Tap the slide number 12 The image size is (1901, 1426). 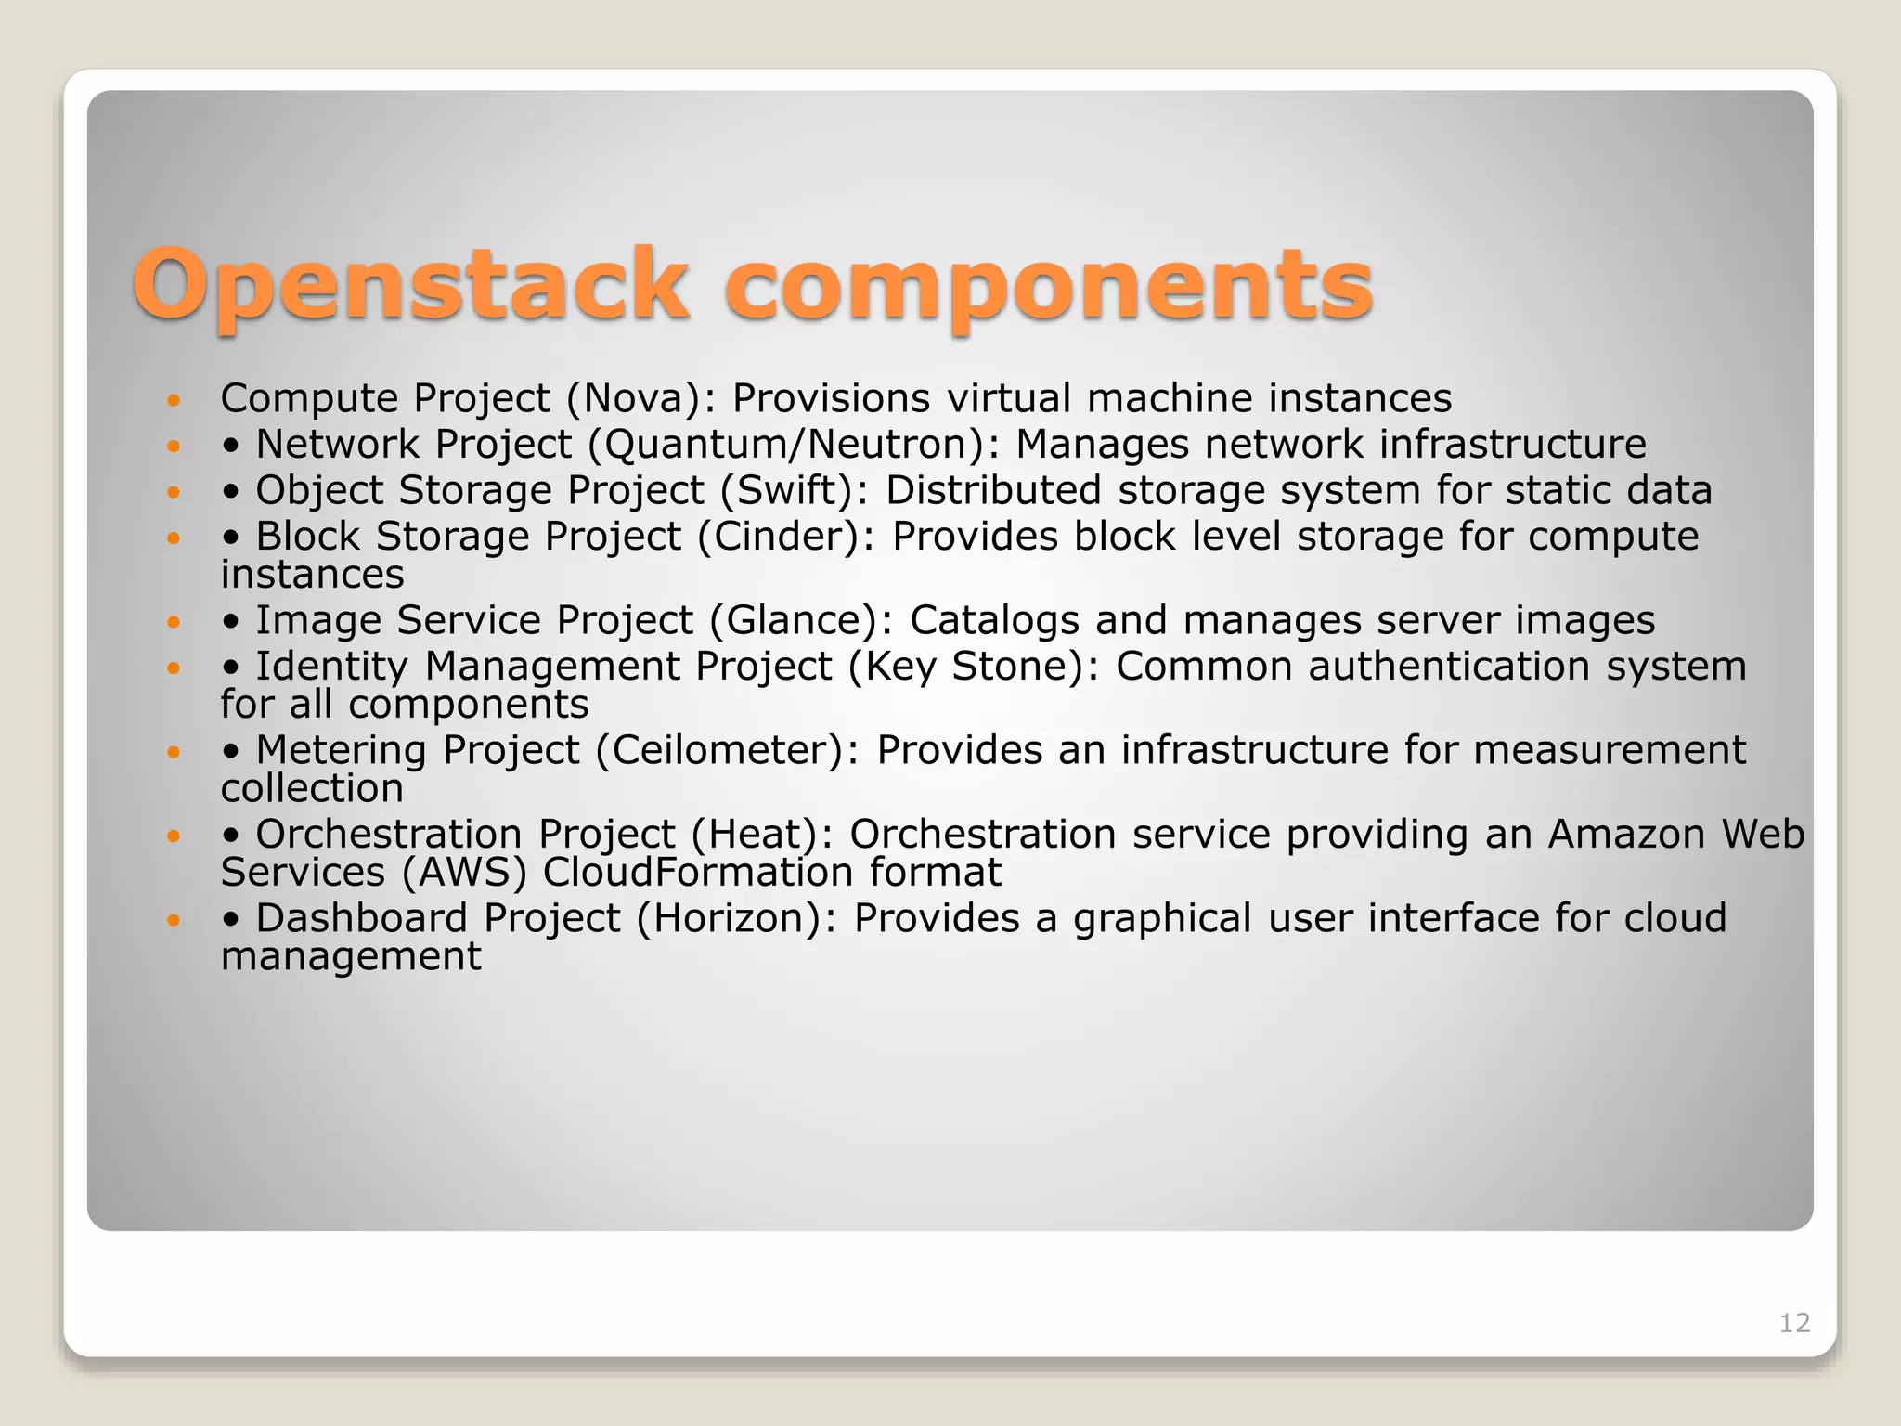click(1794, 1323)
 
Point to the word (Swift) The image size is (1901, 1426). click(795, 491)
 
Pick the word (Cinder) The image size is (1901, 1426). click(785, 538)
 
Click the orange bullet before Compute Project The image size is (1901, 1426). click(173, 400)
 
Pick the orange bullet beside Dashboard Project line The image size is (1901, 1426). click(173, 920)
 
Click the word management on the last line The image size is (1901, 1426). click(351, 957)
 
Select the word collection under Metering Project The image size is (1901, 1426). click(312, 789)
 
